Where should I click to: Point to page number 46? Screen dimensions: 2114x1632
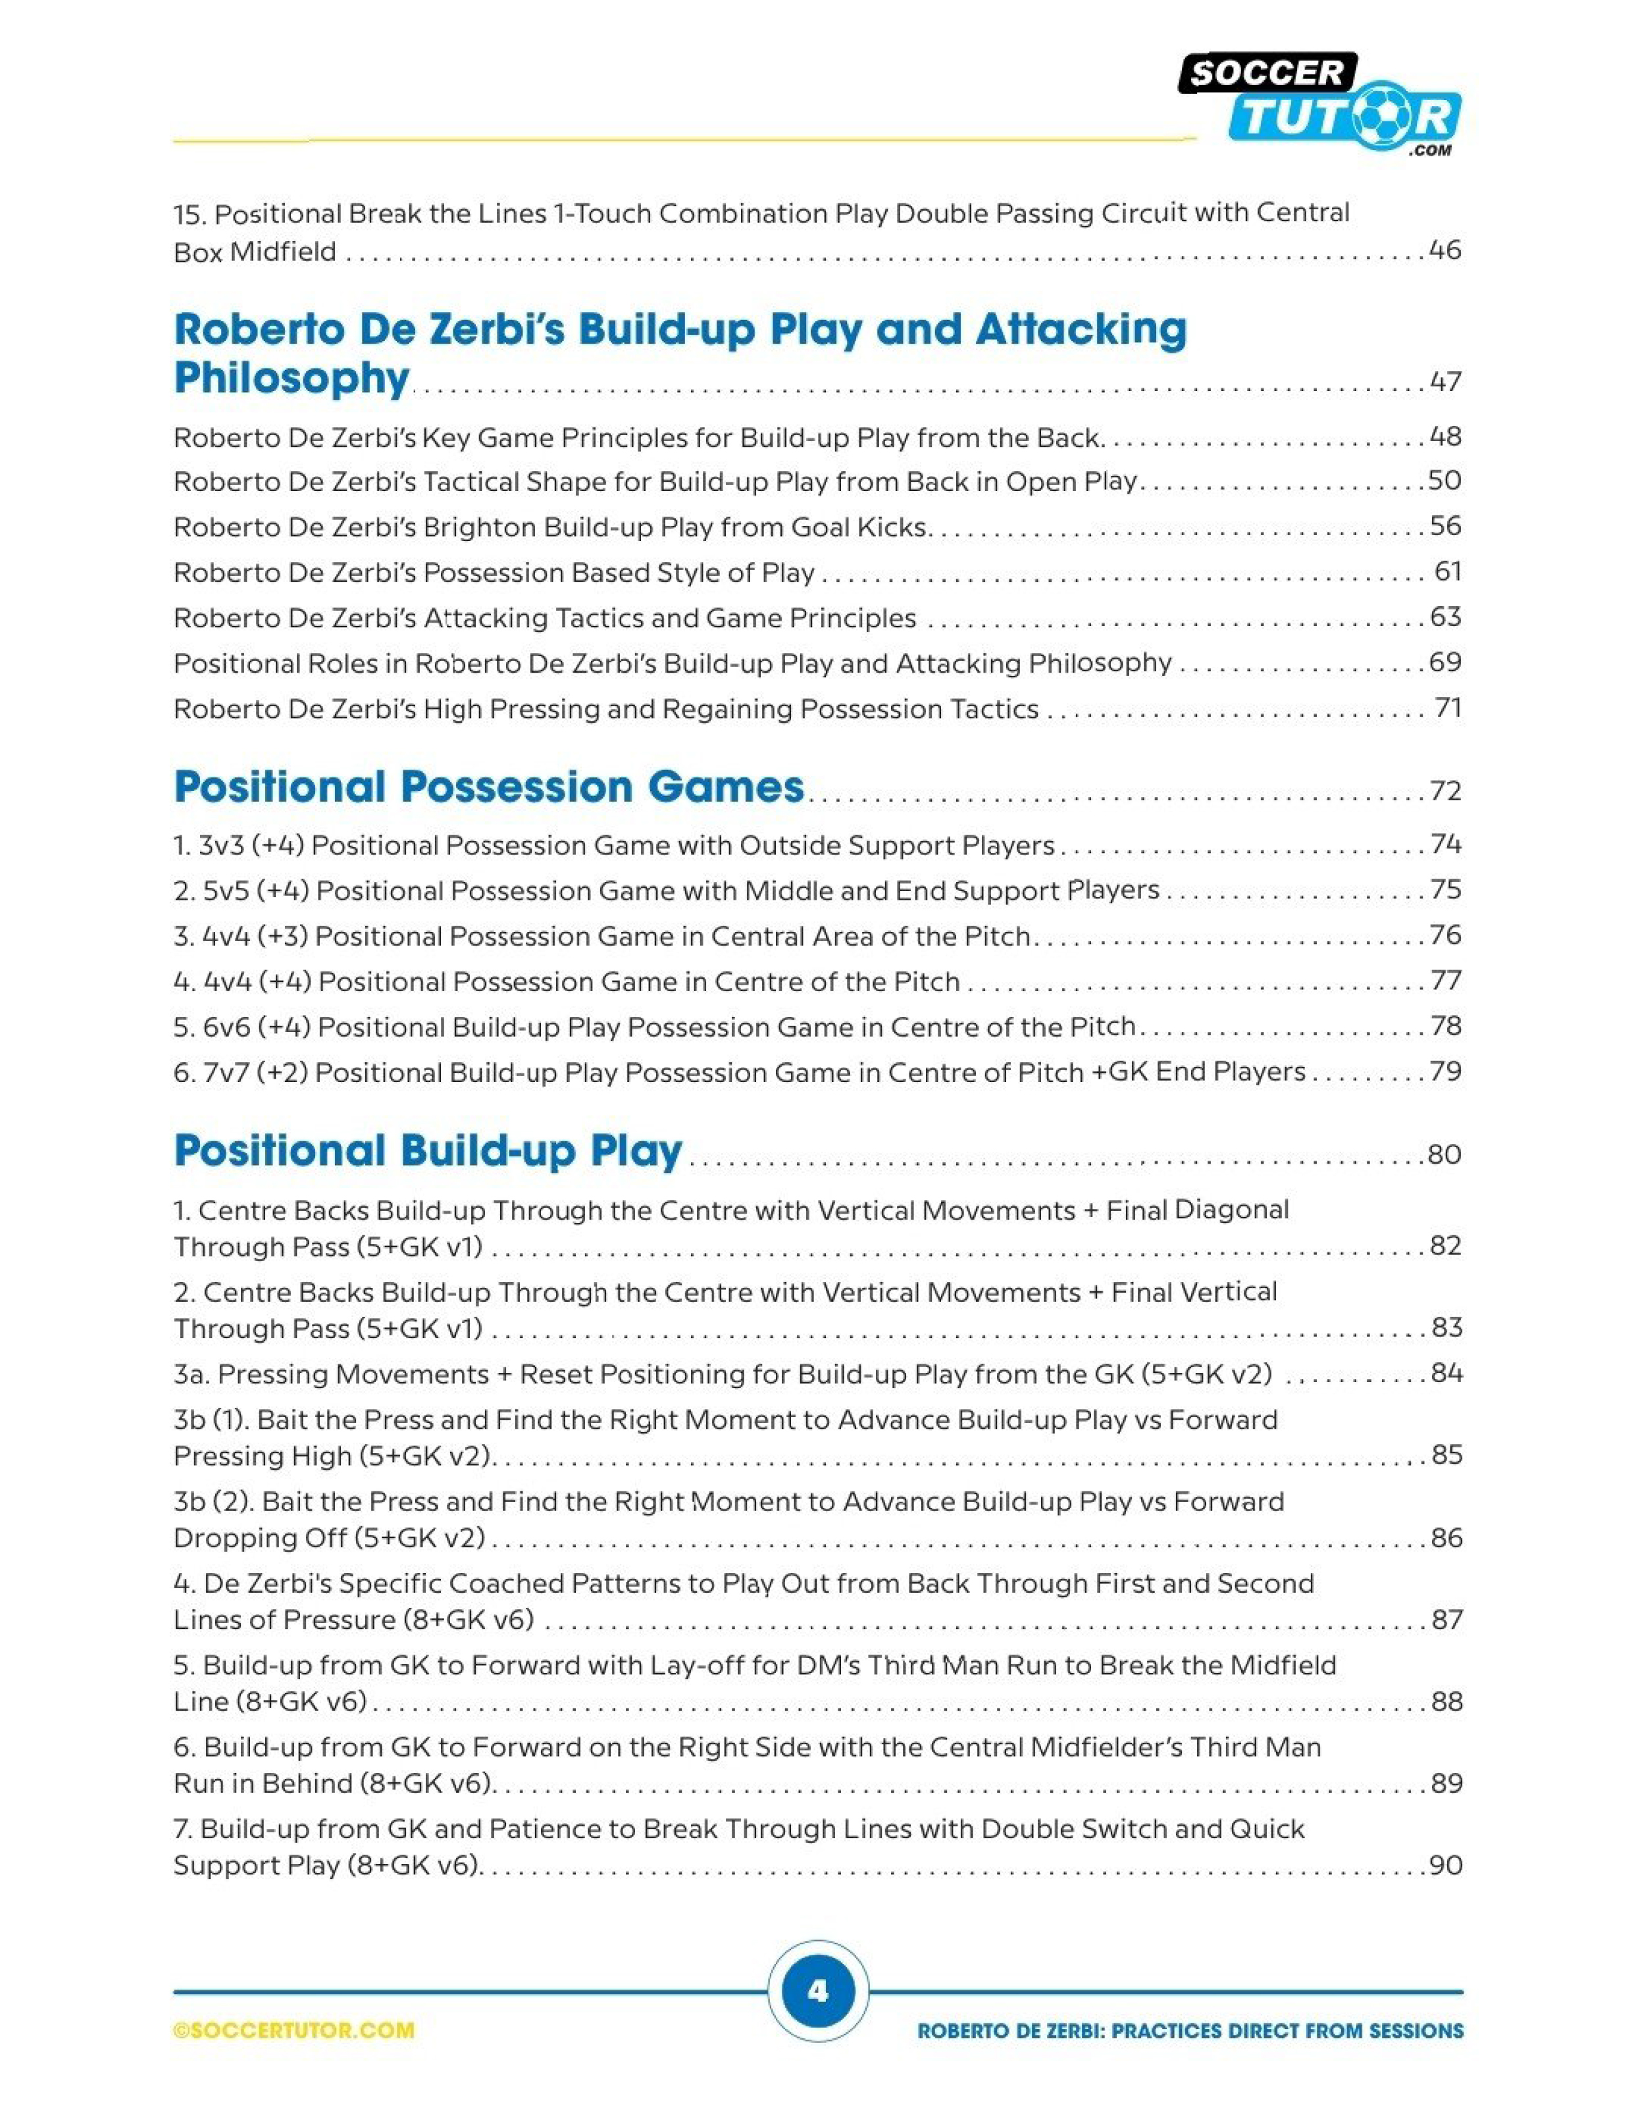[x=1444, y=251]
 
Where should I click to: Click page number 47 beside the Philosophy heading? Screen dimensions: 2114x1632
[x=1445, y=381]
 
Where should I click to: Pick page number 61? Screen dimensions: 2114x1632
[x=1447, y=572]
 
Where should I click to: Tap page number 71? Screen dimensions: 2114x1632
[x=1447, y=709]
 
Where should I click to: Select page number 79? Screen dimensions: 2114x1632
[x=1445, y=1071]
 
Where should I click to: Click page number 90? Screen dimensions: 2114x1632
[x=1445, y=1865]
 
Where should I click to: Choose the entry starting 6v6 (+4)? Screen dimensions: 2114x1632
[x=654, y=1027]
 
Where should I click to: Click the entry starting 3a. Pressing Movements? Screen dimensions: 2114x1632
[x=722, y=1374]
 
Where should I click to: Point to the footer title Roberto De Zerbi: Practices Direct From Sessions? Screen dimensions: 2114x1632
[x=1190, y=2031]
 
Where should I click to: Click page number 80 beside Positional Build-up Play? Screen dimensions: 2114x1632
[x=1444, y=1155]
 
